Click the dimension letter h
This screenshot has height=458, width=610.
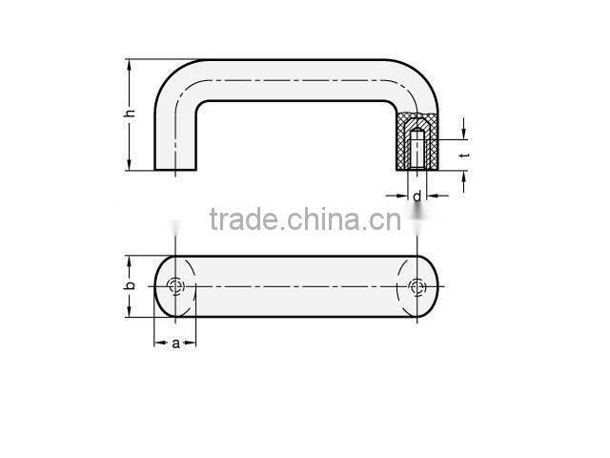tap(130, 114)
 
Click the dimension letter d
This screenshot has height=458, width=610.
tap(417, 196)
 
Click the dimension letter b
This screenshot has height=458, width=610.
tap(130, 285)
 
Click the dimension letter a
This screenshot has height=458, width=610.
tap(175, 343)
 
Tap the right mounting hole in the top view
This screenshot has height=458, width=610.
tap(417, 286)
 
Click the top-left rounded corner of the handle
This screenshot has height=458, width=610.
tap(172, 76)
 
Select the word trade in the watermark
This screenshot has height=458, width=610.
tap(236, 220)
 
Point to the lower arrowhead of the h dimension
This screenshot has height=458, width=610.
tap(130, 166)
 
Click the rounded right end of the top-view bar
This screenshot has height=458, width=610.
tap(434, 286)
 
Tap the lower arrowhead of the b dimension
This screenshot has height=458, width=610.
tap(130, 313)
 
